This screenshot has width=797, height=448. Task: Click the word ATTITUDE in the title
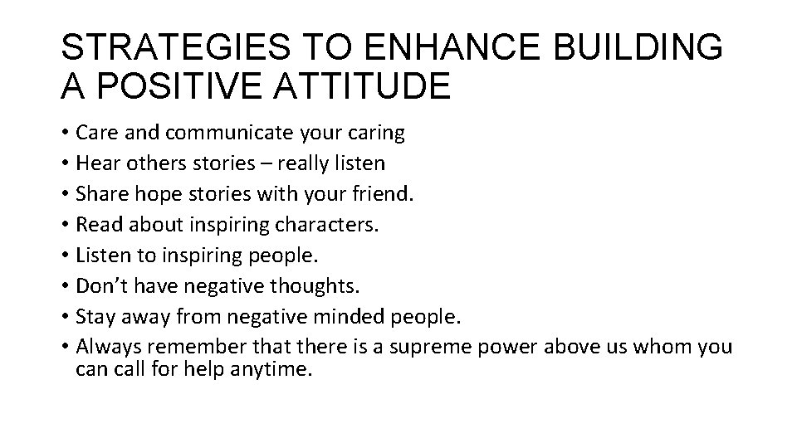click(362, 86)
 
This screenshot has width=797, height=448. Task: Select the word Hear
click(95, 163)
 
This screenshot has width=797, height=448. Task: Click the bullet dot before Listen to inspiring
click(65, 256)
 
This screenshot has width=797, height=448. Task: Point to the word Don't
click(100, 285)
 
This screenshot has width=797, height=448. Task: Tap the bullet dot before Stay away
click(65, 317)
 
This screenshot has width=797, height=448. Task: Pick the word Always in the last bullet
click(104, 347)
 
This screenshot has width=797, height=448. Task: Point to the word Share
click(97, 193)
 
